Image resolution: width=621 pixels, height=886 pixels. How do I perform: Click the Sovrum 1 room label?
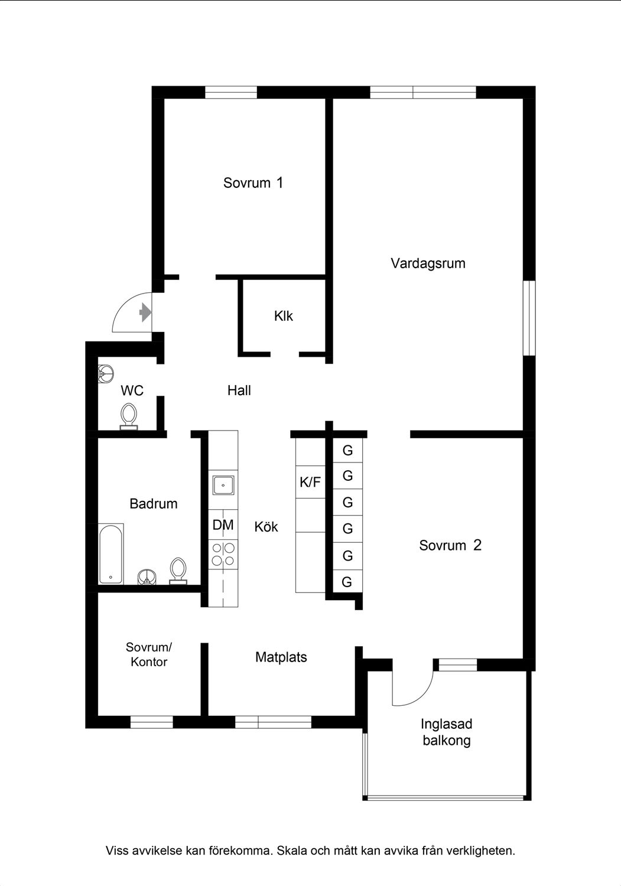coord(253,183)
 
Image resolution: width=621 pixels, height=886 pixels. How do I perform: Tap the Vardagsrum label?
coord(428,263)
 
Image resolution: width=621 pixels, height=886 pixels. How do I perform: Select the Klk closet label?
coord(284,316)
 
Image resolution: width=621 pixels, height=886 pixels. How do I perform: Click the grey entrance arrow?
coord(144,312)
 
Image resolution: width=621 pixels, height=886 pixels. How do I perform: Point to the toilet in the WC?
coord(129,415)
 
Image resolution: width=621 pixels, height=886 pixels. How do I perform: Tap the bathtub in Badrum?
coord(111,553)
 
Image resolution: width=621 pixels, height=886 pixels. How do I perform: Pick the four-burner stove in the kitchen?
coord(223,554)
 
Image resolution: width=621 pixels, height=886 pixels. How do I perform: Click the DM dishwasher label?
coord(223,525)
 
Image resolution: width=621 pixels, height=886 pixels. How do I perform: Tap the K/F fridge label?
coord(310,482)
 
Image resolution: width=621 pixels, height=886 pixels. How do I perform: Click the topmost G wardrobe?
coord(347,451)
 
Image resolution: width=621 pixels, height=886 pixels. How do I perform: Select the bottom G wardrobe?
coord(347,582)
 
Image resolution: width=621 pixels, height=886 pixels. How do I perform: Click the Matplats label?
coord(281,657)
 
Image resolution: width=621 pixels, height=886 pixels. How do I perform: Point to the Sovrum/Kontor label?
coord(149,654)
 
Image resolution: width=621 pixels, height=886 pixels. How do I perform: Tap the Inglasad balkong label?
coord(447,732)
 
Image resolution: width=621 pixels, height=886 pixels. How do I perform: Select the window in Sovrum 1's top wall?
coord(231,92)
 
